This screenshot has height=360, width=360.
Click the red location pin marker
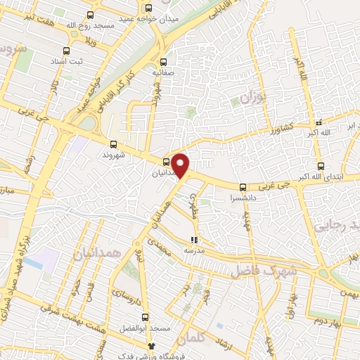181,166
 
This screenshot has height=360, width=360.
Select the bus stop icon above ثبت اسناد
66,51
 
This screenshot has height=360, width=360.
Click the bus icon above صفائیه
163,61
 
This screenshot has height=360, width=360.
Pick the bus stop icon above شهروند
108,143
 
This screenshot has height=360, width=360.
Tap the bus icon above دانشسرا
243,187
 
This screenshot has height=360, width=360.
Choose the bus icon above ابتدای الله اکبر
321,167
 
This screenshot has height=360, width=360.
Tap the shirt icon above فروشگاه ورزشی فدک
150,346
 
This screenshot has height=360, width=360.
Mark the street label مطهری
195,203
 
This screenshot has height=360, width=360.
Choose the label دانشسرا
243,198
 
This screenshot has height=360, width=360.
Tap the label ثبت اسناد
67,62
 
